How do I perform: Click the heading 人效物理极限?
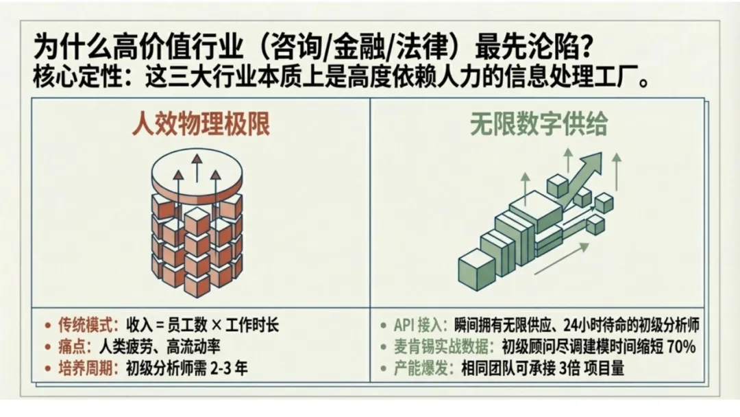point(200,126)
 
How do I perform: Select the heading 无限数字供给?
point(539,126)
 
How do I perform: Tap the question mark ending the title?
point(585,49)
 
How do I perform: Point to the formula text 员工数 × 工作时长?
point(230,325)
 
